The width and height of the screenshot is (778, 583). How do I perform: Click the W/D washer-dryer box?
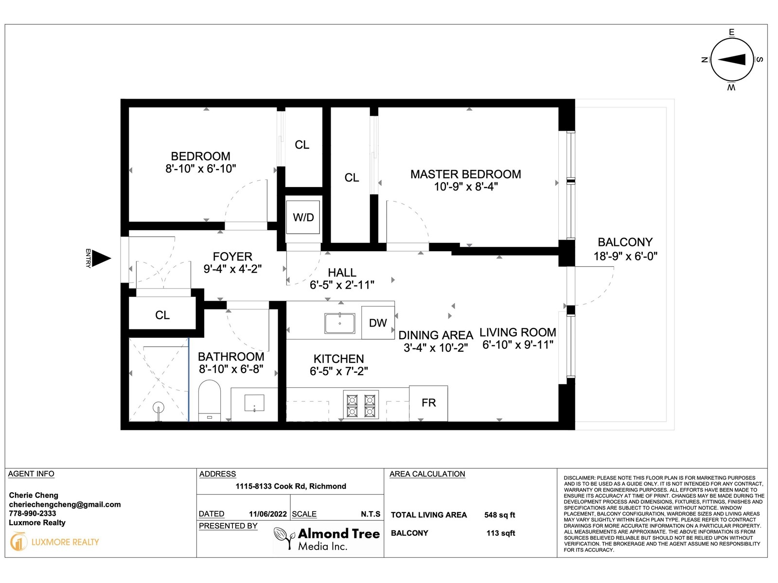click(x=303, y=217)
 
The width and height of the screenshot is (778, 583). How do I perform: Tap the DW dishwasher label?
click(x=377, y=323)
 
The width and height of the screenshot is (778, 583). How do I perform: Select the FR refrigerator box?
click(x=428, y=403)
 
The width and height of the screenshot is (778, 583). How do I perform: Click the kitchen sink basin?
click(x=339, y=323)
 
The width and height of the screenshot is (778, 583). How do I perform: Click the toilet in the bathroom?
click(x=210, y=400)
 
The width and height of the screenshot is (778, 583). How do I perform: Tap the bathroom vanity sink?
click(x=254, y=403)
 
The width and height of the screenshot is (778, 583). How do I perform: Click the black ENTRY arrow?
click(x=101, y=258)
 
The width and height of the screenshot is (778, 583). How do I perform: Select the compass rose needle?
click(x=731, y=59)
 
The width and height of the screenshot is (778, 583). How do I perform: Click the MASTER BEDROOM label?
click(x=466, y=174)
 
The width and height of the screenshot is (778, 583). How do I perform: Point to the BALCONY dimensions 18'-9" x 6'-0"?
click(x=625, y=256)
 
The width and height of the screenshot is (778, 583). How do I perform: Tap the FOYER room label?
click(x=232, y=257)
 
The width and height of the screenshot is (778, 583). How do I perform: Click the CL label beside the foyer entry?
click(x=162, y=315)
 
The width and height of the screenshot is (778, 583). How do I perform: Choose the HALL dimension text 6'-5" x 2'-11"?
click(x=342, y=285)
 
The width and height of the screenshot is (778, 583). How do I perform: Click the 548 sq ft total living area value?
click(x=499, y=515)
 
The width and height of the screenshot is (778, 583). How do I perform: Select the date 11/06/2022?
click(x=267, y=514)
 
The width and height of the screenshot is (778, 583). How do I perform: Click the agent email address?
click(x=65, y=504)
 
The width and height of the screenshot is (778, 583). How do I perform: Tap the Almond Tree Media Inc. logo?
click(x=327, y=539)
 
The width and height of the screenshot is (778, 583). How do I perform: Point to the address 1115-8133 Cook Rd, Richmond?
click(x=291, y=486)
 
